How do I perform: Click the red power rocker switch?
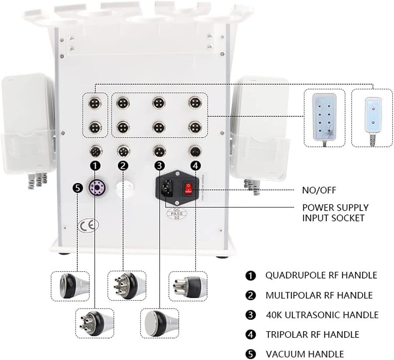coord(188,188)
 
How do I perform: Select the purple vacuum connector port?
coord(95,188)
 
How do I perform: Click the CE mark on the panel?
coord(89,225)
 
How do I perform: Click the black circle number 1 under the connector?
coord(96,165)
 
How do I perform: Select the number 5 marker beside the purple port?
coord(78,188)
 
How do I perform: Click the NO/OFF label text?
coord(319,190)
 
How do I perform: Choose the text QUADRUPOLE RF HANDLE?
coord(321,275)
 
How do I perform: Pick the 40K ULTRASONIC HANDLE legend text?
coord(322,315)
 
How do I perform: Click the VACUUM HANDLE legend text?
coord(305,354)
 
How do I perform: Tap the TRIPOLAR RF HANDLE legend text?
coord(312,334)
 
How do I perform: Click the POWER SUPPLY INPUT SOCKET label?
coord(335,212)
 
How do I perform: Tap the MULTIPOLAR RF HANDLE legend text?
coord(319,295)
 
